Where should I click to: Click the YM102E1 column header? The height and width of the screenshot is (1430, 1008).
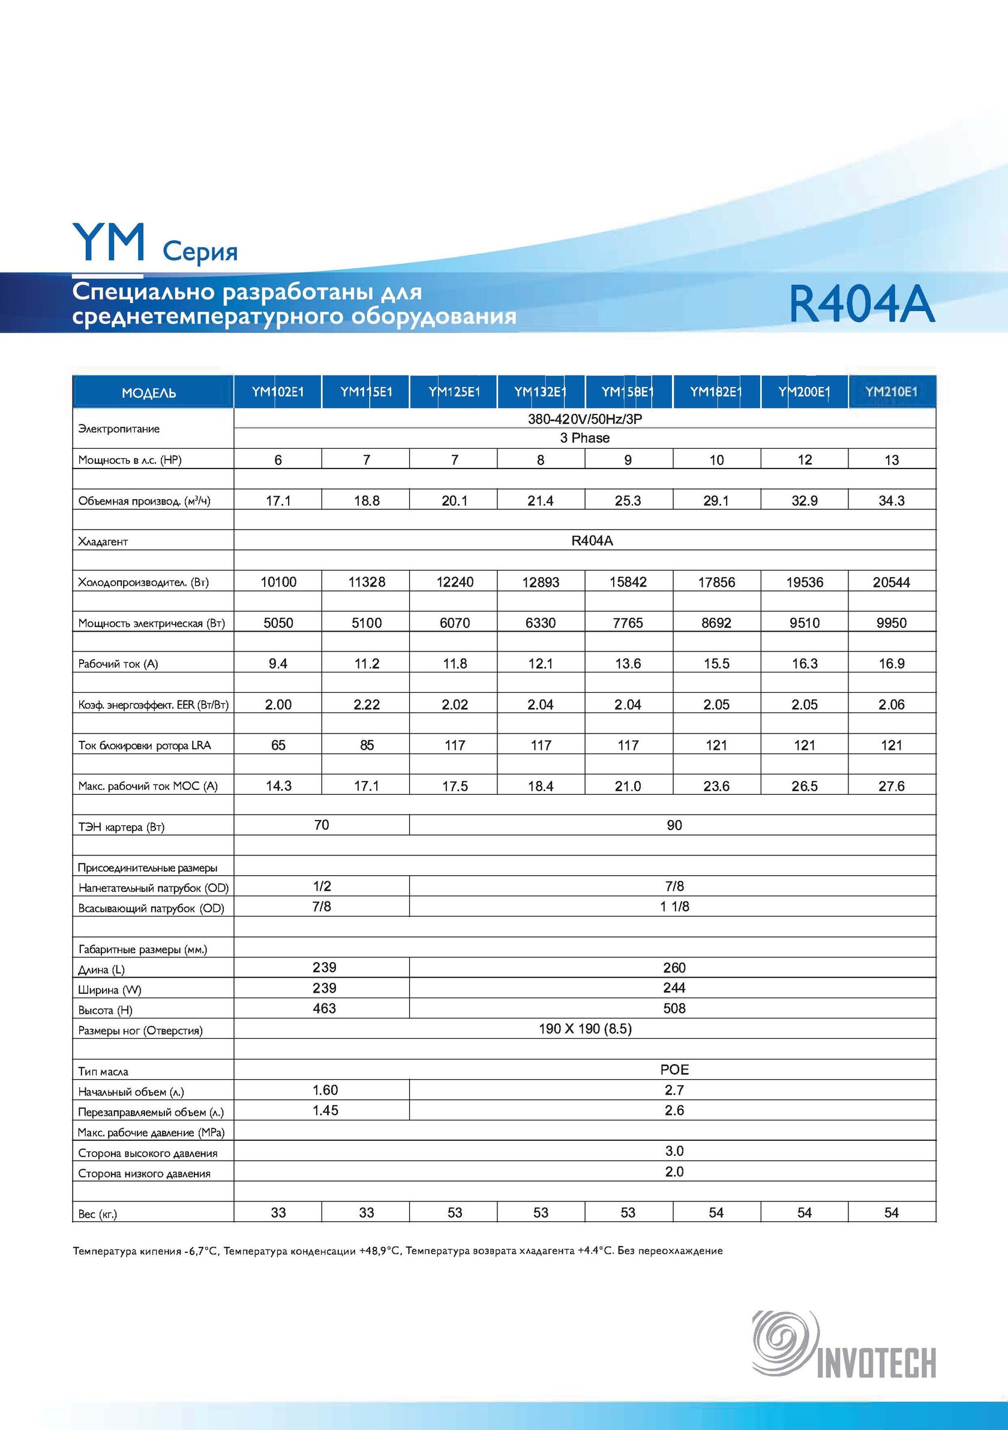pyautogui.click(x=278, y=392)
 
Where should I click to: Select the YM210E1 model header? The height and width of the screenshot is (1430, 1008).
pyautogui.click(x=892, y=392)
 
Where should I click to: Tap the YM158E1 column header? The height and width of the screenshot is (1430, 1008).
pyautogui.click(x=628, y=392)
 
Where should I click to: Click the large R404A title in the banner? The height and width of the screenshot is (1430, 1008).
pyautogui.click(x=862, y=305)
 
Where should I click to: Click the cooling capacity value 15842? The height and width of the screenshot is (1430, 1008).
pyautogui.click(x=628, y=582)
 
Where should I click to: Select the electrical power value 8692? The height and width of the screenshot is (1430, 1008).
pyautogui.click(x=716, y=623)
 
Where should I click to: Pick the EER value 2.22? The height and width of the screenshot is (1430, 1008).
pyautogui.click(x=367, y=704)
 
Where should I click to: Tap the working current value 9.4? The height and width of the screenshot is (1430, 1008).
pyautogui.click(x=278, y=663)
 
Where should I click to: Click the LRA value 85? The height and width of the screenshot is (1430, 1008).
pyautogui.click(x=367, y=745)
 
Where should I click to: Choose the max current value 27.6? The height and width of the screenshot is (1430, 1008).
pyautogui.click(x=892, y=786)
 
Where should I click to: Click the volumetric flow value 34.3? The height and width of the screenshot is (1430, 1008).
pyautogui.click(x=892, y=501)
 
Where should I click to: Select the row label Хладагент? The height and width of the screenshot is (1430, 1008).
pyautogui.click(x=103, y=542)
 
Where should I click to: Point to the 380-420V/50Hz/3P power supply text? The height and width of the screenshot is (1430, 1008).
pyautogui.click(x=585, y=419)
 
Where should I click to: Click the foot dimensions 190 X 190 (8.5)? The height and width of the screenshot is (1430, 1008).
pyautogui.click(x=585, y=1028)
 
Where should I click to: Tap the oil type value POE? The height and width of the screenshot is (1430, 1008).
pyautogui.click(x=674, y=1070)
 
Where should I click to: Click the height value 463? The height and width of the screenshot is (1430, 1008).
pyautogui.click(x=324, y=1008)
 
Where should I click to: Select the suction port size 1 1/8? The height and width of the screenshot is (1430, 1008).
pyautogui.click(x=674, y=906)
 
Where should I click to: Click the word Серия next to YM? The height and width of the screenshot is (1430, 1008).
pyautogui.click(x=200, y=253)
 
